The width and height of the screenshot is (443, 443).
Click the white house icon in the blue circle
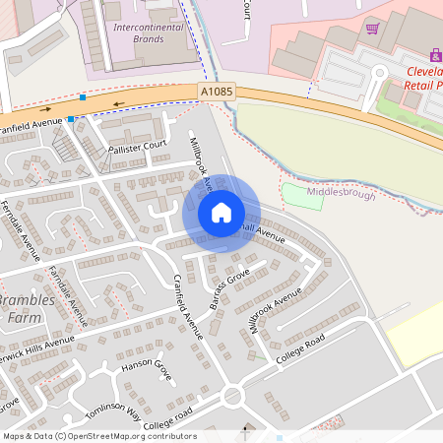(x=221, y=212)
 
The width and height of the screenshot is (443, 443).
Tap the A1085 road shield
(x=217, y=92)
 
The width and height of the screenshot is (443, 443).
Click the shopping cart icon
(x=372, y=28)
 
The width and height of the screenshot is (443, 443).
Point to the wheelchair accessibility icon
(x=434, y=55)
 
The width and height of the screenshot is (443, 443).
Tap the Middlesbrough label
(x=342, y=194)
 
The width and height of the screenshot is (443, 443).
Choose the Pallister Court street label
(x=138, y=145)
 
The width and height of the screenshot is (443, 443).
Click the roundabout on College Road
(x=233, y=397)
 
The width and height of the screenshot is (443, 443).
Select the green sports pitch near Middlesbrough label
(x=300, y=193)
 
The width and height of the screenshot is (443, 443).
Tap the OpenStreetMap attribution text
(x=98, y=436)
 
